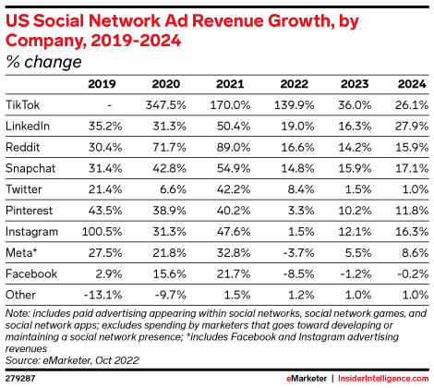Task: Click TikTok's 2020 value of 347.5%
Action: pyautogui.click(x=166, y=105)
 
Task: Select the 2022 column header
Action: pyautogui.click(x=294, y=84)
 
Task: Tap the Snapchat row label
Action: pyautogui.click(x=30, y=168)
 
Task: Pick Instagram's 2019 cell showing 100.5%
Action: pyautogui.click(x=102, y=232)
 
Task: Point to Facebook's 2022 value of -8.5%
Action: pyautogui.click(x=297, y=273)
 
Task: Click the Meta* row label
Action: pyautogui.click(x=21, y=253)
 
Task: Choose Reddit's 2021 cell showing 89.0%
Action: pyautogui.click(x=234, y=147)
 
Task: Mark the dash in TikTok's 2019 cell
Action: pyautogui.click(x=110, y=105)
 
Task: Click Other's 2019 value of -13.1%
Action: pyautogui.click(x=102, y=295)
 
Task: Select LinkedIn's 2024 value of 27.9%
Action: pyautogui.click(x=412, y=127)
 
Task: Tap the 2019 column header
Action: pyautogui.click(x=102, y=84)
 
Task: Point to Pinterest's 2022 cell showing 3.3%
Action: pyautogui.click(x=301, y=211)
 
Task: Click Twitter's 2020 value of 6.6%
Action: pyautogui.click(x=173, y=189)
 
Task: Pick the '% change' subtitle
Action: pyautogui.click(x=43, y=62)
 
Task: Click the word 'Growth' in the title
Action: pyautogui.click(x=301, y=21)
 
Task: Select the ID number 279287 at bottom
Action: pyautogui.click(x=20, y=379)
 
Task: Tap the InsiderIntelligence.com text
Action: pyautogui.click(x=383, y=379)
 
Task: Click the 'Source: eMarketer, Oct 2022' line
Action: pyautogui.click(x=72, y=360)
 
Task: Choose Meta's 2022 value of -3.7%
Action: pyautogui.click(x=298, y=253)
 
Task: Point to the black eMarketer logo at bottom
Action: pyautogui.click(x=307, y=379)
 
